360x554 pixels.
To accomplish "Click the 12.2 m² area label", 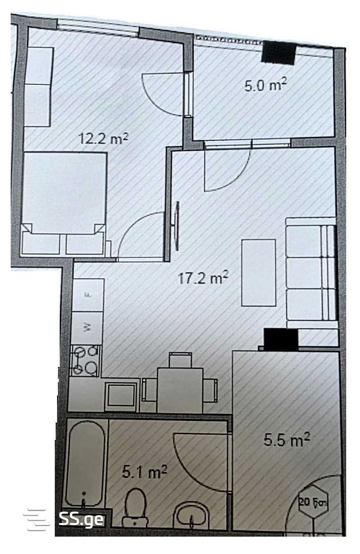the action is click(x=103, y=138).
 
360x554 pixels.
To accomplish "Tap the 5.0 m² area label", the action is click(x=266, y=85).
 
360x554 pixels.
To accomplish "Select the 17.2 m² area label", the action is click(x=203, y=278).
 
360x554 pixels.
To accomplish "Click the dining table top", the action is click(x=180, y=391).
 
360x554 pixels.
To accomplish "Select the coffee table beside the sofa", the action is click(x=259, y=273).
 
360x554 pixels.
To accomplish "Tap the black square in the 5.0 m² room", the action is click(x=278, y=53).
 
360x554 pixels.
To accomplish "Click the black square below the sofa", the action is click(x=281, y=339).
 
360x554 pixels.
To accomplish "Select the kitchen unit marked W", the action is click(x=87, y=328).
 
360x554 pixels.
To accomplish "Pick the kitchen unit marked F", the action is click(x=88, y=295).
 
